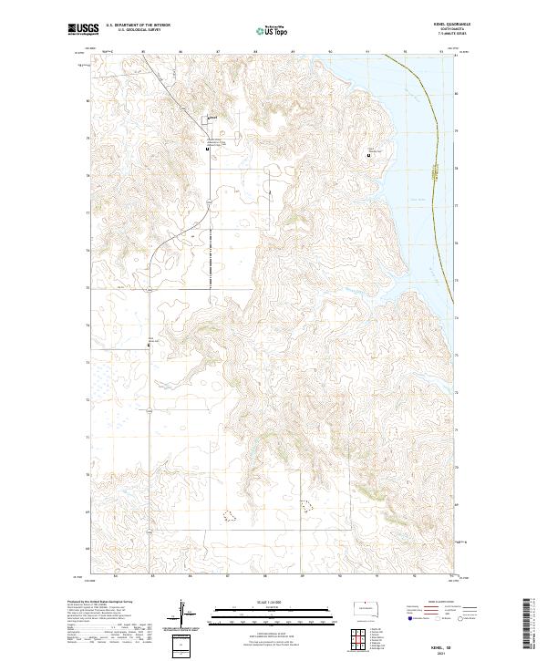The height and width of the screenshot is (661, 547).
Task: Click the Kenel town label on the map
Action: point(212,117)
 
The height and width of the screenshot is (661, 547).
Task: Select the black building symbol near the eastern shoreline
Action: point(369,155)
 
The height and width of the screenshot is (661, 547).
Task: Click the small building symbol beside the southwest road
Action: point(150,345)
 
